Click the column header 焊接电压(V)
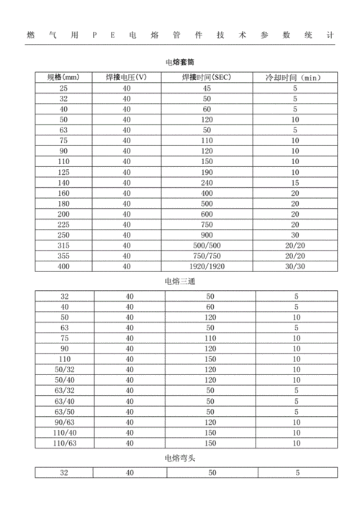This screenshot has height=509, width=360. pyautogui.click(x=127, y=77)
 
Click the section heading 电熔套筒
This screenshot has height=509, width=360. pyautogui.click(x=180, y=62)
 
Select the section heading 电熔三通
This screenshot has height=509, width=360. pyautogui.click(x=180, y=280)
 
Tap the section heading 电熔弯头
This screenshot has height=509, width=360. pyautogui.click(x=180, y=458)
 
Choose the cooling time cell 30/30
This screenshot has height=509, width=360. pyautogui.click(x=295, y=266)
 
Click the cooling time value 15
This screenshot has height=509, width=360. pyautogui.click(x=295, y=184)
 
